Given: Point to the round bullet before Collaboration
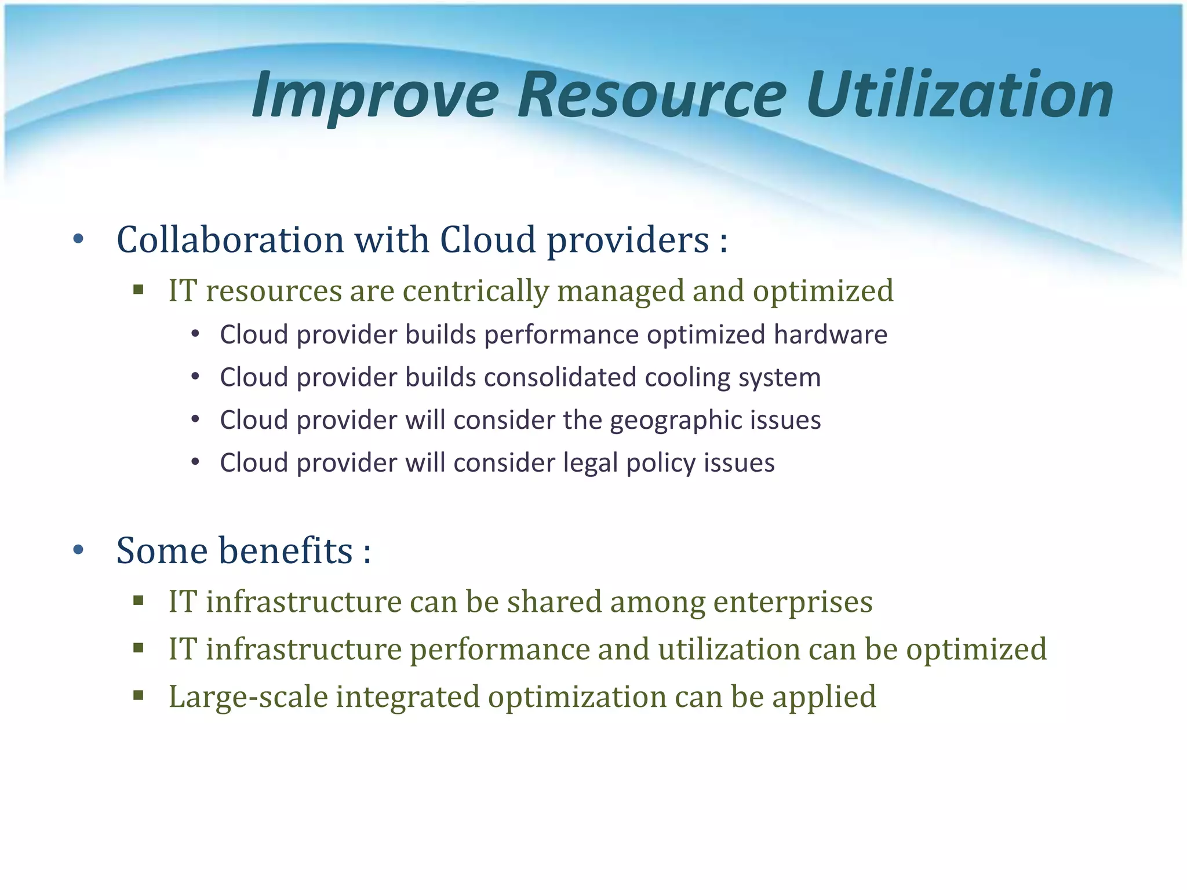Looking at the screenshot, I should [79, 239].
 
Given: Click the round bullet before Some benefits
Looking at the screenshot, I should [79, 550].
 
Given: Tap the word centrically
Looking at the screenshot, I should [475, 291].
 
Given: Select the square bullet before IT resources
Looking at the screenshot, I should [138, 289].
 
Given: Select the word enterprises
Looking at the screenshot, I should [792, 602].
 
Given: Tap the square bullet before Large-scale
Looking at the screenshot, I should [138, 695].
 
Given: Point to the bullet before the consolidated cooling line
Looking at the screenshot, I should [195, 377].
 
